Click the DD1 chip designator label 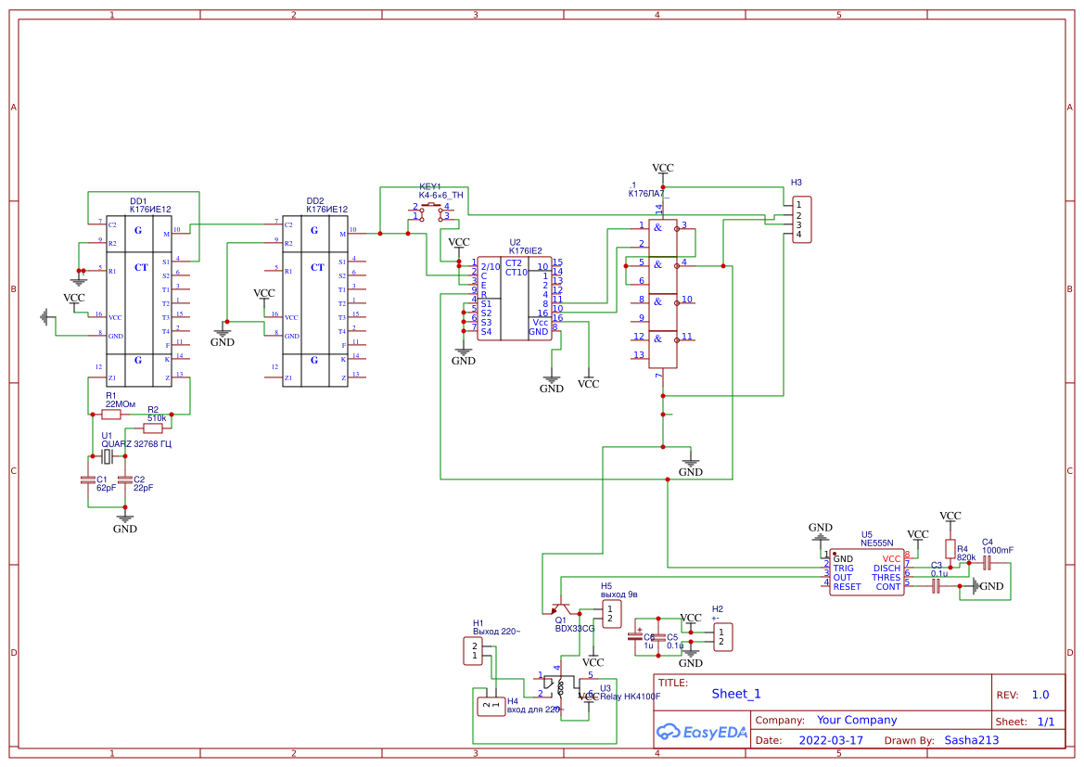(x=137, y=201)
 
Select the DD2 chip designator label (x=315, y=201)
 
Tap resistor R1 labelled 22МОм (x=111, y=415)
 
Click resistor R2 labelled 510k (x=154, y=428)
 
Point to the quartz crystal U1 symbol (x=108, y=456)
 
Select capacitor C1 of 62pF (x=89, y=480)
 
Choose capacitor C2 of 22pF (x=125, y=480)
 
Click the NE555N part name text (x=876, y=543)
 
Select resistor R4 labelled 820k (x=950, y=548)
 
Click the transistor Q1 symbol (x=559, y=608)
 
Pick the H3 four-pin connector (x=802, y=220)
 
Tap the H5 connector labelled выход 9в (x=609, y=613)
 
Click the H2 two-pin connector (x=721, y=637)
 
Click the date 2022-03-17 (x=830, y=740)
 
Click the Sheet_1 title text (x=735, y=694)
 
